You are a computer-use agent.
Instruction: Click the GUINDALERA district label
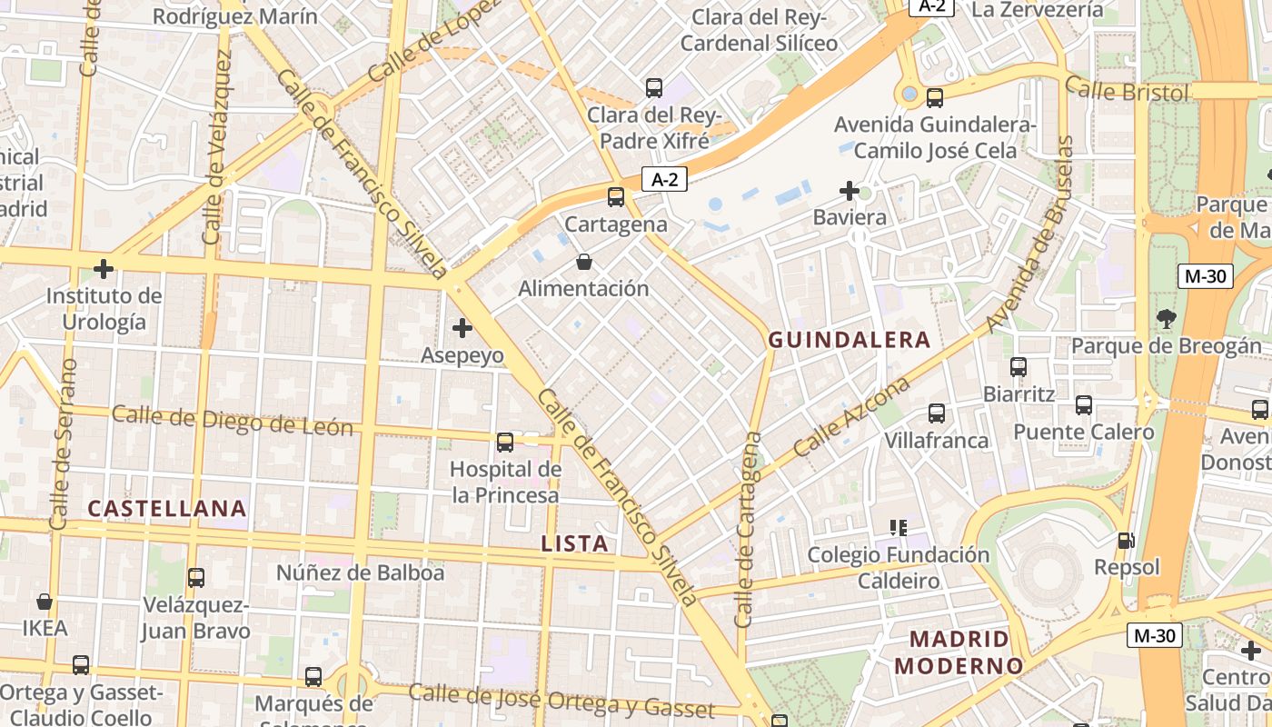(850, 340)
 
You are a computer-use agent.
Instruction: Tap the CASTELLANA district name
(167, 508)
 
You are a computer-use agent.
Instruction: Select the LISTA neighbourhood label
(574, 543)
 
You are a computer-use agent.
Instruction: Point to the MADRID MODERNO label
(959, 652)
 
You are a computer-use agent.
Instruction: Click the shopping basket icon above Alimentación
(584, 263)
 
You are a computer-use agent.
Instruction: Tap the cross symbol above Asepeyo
(462, 327)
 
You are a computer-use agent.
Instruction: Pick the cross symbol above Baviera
(850, 191)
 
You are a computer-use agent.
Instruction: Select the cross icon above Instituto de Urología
(104, 269)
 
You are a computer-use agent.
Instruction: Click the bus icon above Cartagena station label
(616, 196)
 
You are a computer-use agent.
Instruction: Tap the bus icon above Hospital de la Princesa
(505, 443)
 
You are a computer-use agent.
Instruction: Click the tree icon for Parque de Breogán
(1167, 319)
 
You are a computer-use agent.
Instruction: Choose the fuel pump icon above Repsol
(1127, 541)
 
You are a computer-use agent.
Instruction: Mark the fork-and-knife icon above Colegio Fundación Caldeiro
(899, 528)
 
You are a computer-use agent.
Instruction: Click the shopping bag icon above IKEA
(44, 602)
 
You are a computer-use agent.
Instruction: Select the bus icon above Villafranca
(937, 413)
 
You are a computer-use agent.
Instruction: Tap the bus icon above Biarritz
(1019, 367)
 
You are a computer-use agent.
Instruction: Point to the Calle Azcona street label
(851, 417)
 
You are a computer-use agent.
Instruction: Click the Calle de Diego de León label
(232, 421)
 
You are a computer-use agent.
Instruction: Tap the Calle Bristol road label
(1127, 91)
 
